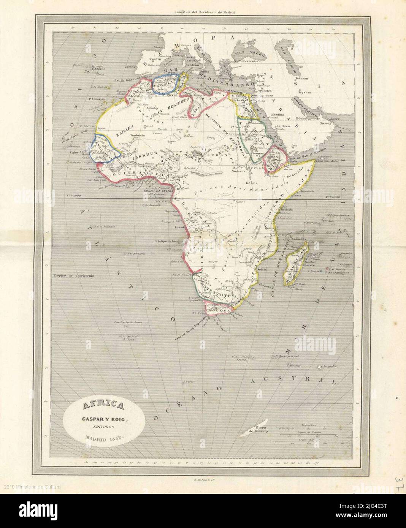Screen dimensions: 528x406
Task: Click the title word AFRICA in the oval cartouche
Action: (x=104, y=406)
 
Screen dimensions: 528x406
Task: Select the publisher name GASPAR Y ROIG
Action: (x=104, y=419)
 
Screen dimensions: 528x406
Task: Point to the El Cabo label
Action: (x=198, y=314)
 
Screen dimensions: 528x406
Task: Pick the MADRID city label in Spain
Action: (x=155, y=59)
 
